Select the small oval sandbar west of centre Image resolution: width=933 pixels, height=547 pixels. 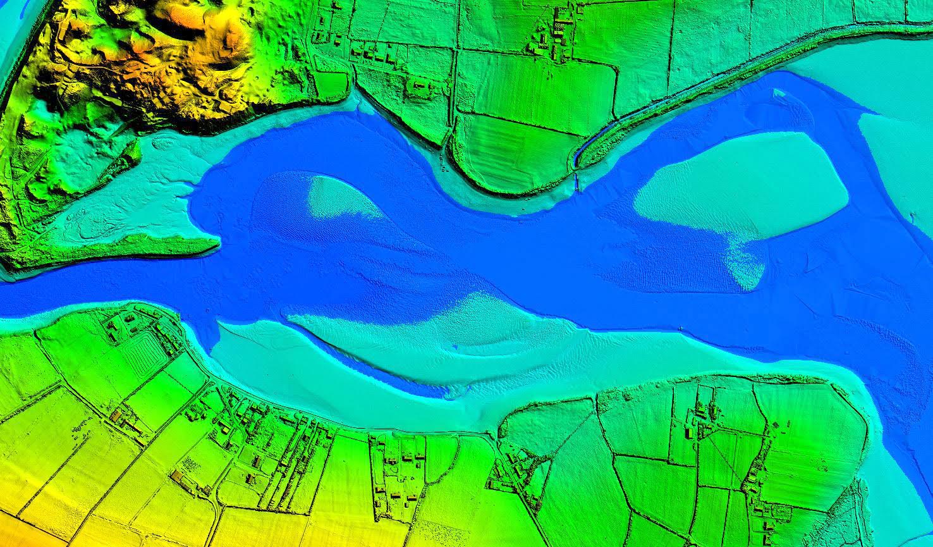pyautogui.click(x=341, y=197)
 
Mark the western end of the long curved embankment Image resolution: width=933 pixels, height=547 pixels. pyautogui.click(x=579, y=158)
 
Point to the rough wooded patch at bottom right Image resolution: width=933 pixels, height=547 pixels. pyautogui.click(x=847, y=512)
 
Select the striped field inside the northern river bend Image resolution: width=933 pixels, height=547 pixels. pyautogui.click(x=506, y=152)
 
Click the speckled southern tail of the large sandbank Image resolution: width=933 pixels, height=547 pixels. pyautogui.click(x=746, y=266)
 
